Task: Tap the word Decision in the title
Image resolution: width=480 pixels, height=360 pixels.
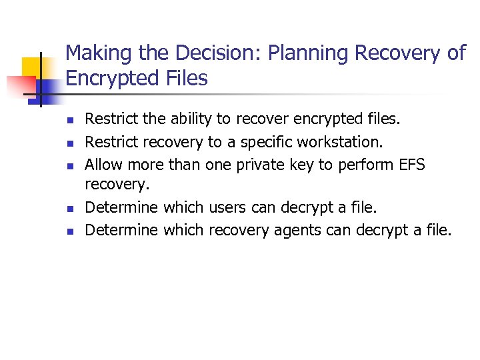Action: [x=204, y=54]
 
